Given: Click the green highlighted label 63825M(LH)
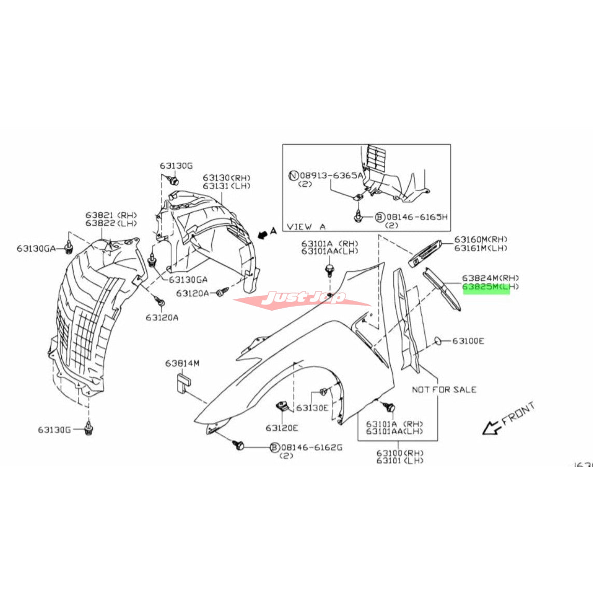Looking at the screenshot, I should (486, 287).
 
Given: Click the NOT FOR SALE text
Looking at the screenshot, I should (444, 389).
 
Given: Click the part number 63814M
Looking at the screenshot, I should (182, 364).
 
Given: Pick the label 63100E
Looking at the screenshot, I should (468, 341).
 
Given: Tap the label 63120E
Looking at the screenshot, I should (282, 428).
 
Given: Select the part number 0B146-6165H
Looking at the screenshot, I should (416, 217).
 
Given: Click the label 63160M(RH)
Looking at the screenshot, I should (481, 239).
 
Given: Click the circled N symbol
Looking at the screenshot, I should (293, 175).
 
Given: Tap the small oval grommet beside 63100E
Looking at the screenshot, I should (437, 340).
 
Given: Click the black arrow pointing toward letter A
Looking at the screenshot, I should (264, 235).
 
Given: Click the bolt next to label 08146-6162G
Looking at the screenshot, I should (239, 445).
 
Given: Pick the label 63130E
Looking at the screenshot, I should (313, 408).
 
